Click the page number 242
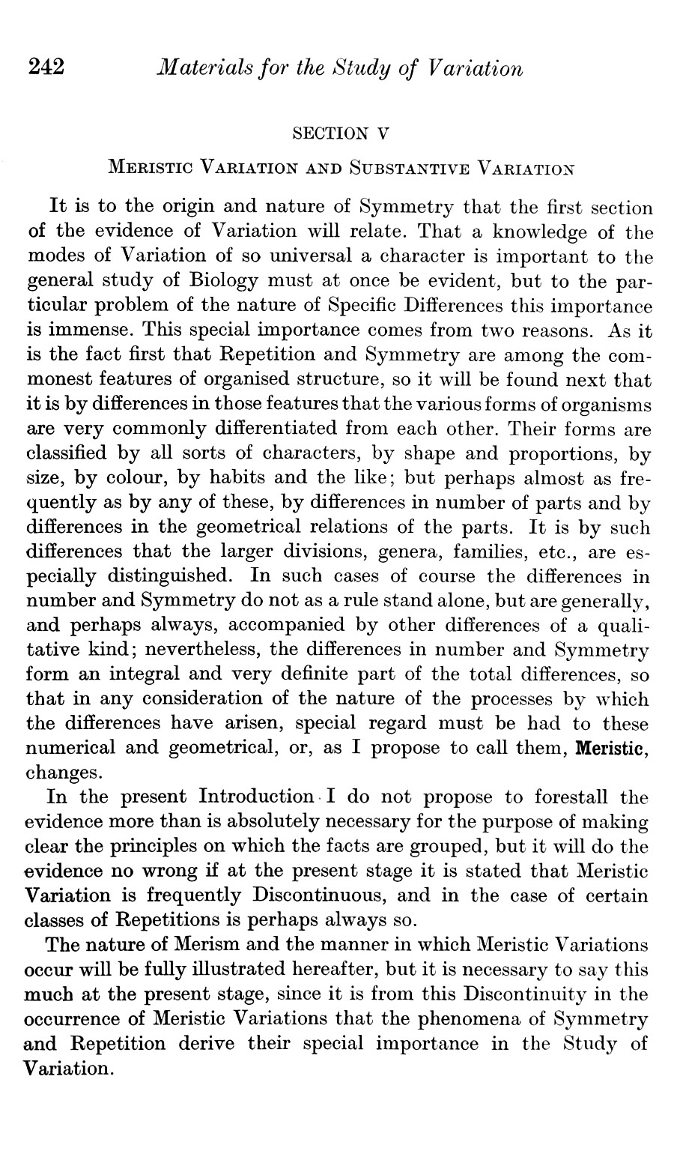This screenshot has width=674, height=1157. [x=47, y=68]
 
